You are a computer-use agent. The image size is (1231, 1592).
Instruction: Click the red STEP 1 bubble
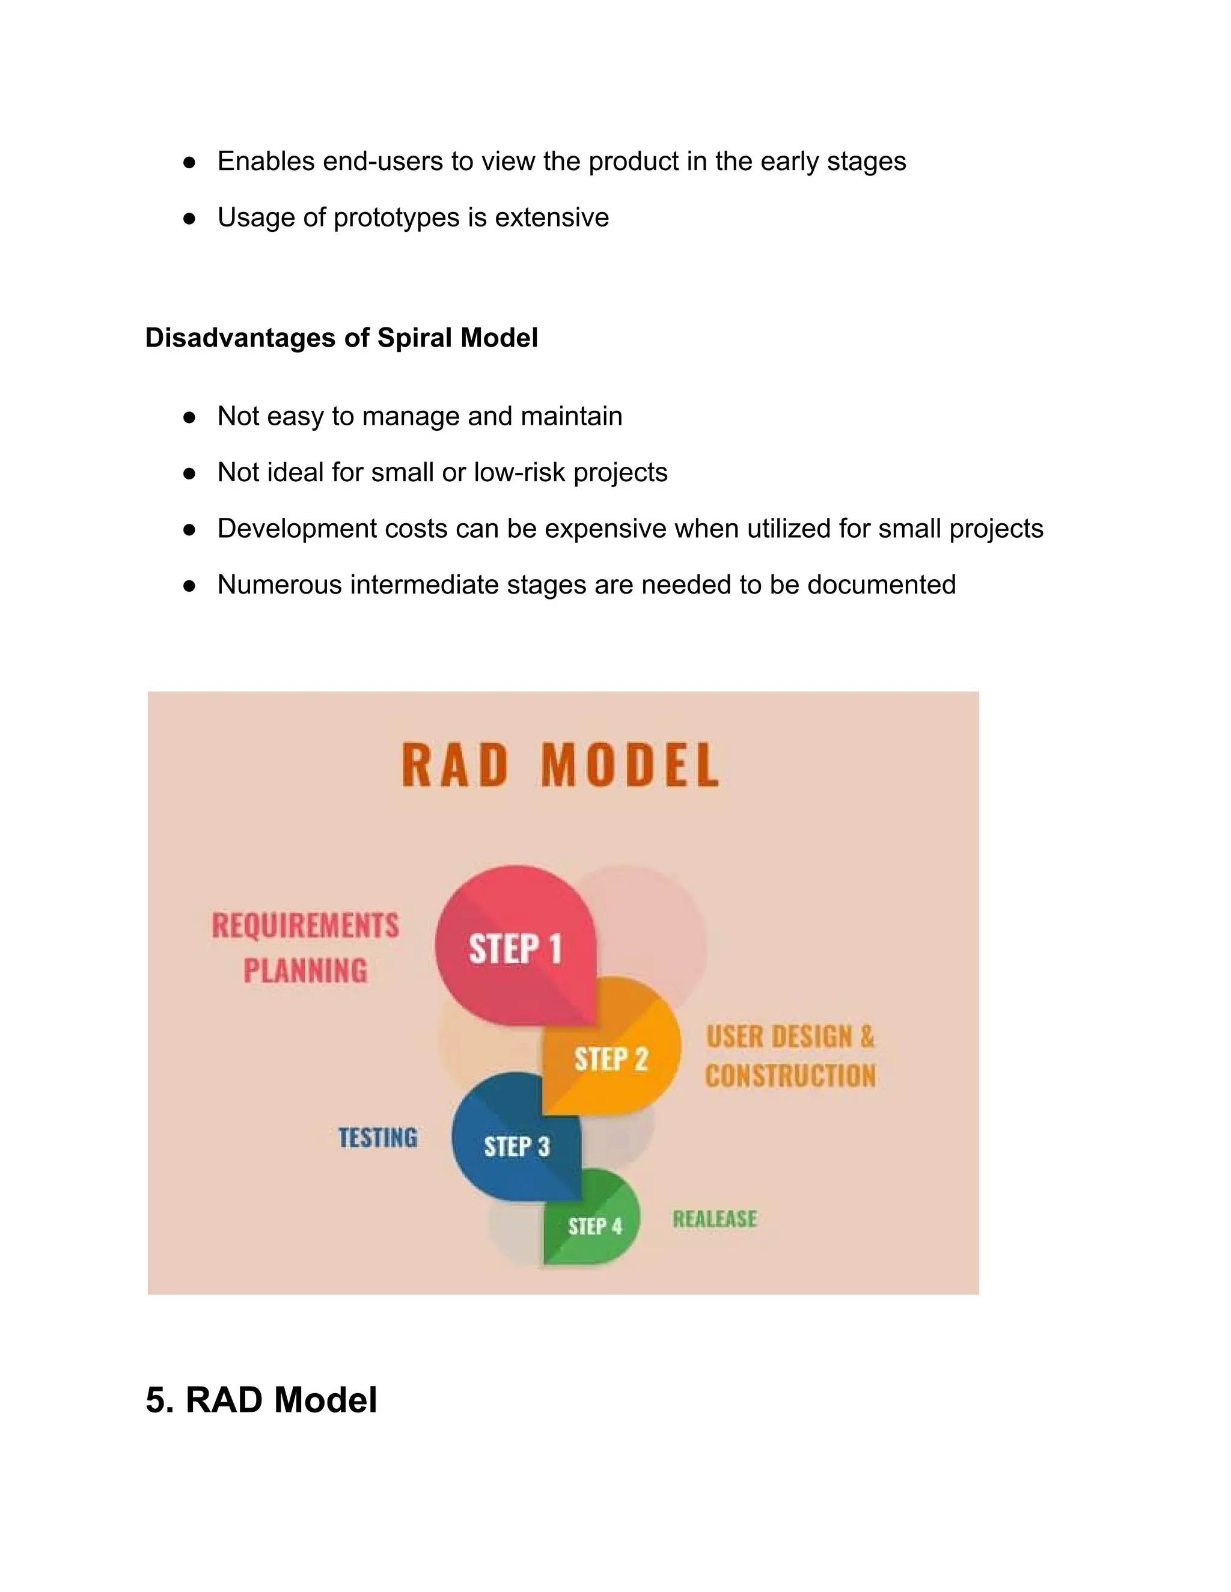515,947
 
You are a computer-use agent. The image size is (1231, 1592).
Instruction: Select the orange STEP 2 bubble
611,1059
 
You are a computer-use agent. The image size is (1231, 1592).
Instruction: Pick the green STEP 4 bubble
594,1226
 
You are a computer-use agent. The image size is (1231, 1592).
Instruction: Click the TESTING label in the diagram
377,1137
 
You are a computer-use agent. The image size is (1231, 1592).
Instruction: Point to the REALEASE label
715,1219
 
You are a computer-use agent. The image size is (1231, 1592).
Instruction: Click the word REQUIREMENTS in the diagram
305,926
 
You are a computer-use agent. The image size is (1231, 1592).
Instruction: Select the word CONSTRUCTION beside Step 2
790,1076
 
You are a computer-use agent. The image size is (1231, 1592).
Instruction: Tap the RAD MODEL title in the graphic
560,765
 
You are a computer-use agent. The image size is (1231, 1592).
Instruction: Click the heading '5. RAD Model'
261,1400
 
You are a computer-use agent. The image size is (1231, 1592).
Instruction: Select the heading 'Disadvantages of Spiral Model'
341,338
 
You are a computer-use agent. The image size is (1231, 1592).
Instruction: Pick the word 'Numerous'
279,585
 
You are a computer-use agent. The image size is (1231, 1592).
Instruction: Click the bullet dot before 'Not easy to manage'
189,417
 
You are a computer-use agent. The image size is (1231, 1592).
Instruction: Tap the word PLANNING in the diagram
305,971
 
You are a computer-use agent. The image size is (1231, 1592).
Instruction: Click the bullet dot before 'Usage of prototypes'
189,218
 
